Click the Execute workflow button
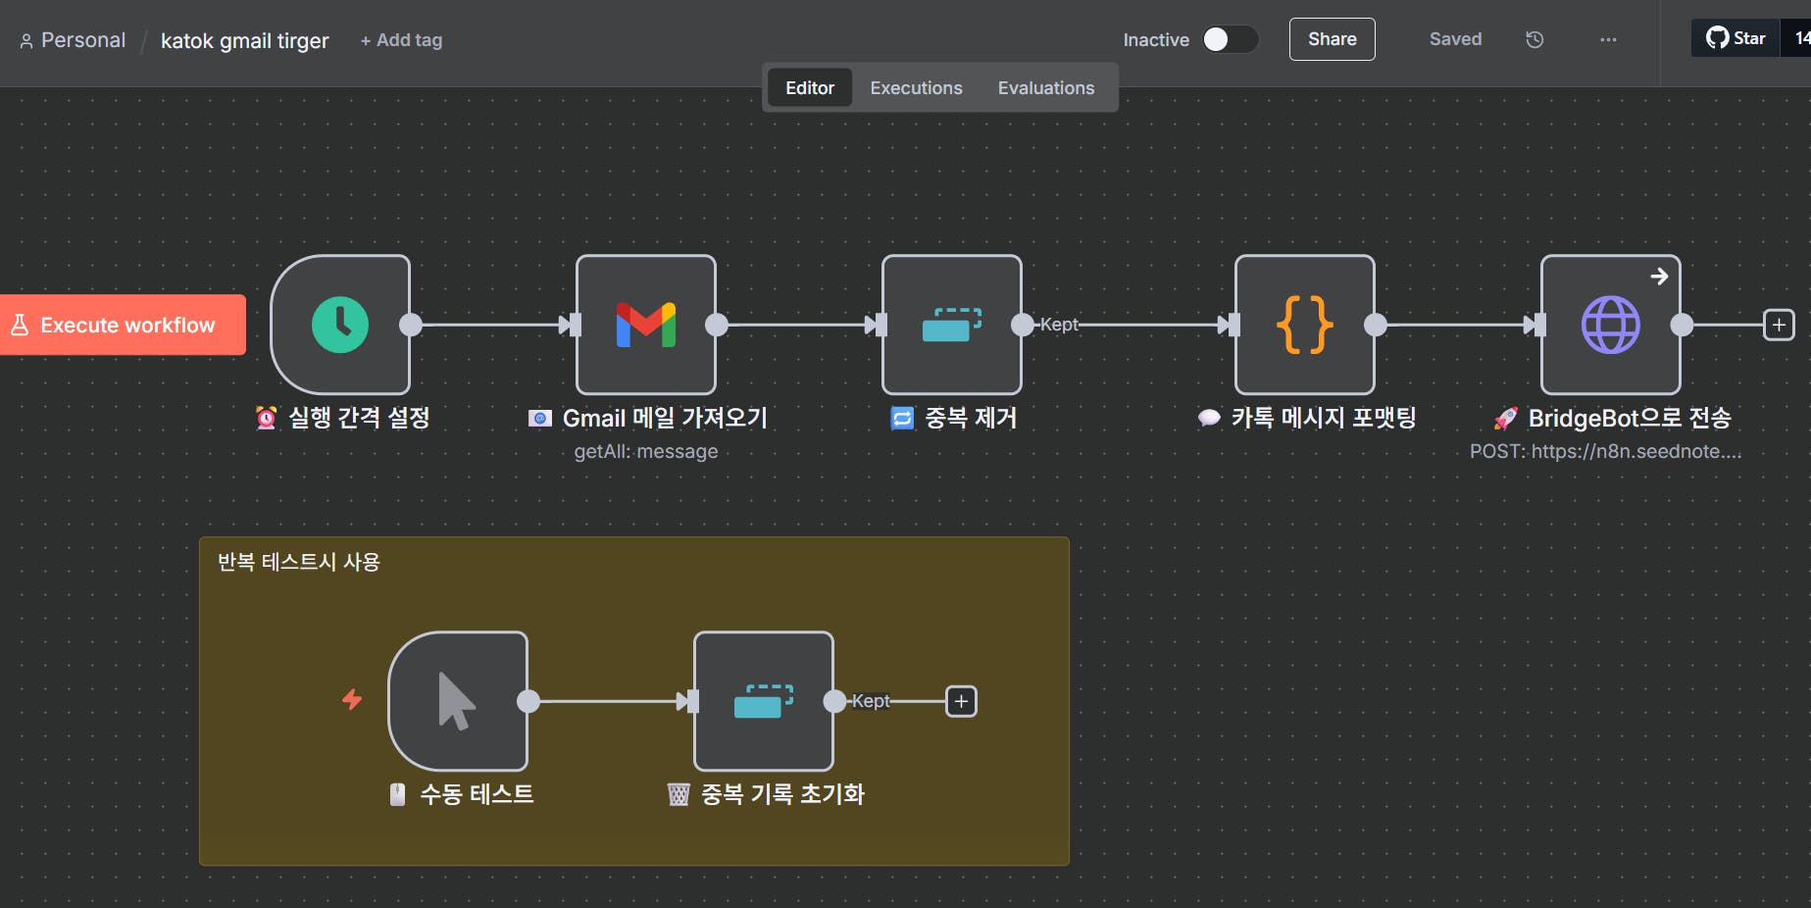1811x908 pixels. [123, 325]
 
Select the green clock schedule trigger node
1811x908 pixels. [340, 325]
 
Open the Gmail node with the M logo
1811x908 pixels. [646, 325]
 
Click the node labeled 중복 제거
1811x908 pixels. [951, 325]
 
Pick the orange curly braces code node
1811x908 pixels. [1304, 325]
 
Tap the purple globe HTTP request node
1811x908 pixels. [1610, 325]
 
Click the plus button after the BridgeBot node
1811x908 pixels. [1779, 325]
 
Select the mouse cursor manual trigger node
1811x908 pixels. [458, 701]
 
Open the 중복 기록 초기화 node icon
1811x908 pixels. [763, 701]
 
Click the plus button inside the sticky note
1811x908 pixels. [961, 701]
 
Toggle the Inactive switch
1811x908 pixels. [1230, 39]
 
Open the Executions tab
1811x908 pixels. [916, 88]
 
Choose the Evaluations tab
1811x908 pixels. [1045, 88]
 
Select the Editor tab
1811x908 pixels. [809, 88]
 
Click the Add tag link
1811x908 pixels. [401, 40]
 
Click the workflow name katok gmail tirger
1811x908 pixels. [245, 40]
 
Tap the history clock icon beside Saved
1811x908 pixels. [1534, 39]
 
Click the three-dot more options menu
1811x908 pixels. [1608, 39]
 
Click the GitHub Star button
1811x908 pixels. [1736, 38]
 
